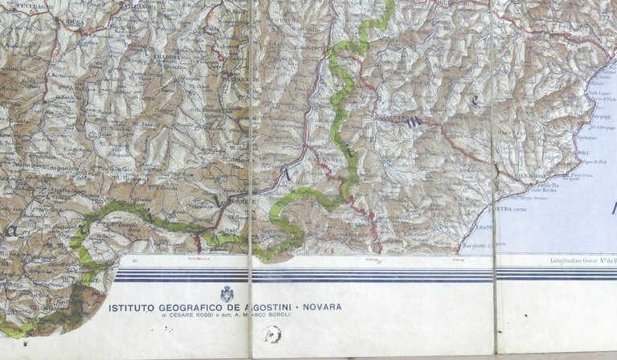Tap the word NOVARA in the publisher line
point(321,307)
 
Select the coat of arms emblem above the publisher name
point(227,293)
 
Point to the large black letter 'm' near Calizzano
point(414,122)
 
